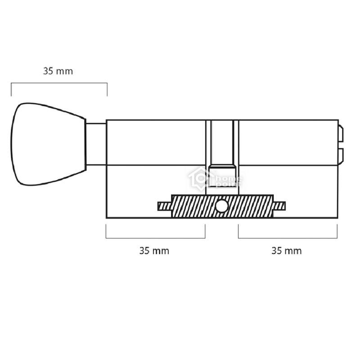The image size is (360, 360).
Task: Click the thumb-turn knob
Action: point(48,144)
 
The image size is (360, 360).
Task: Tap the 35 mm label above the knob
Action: point(58,71)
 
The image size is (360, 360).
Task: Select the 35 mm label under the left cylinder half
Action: point(154,251)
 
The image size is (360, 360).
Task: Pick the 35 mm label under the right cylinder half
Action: point(286,251)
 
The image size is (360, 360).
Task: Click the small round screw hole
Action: point(221,206)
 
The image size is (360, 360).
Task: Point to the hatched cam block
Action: point(222,206)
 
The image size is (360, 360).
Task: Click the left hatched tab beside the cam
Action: point(164,206)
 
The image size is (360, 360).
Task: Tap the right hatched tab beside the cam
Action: point(279,206)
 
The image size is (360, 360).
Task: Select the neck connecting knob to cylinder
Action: point(96,144)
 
